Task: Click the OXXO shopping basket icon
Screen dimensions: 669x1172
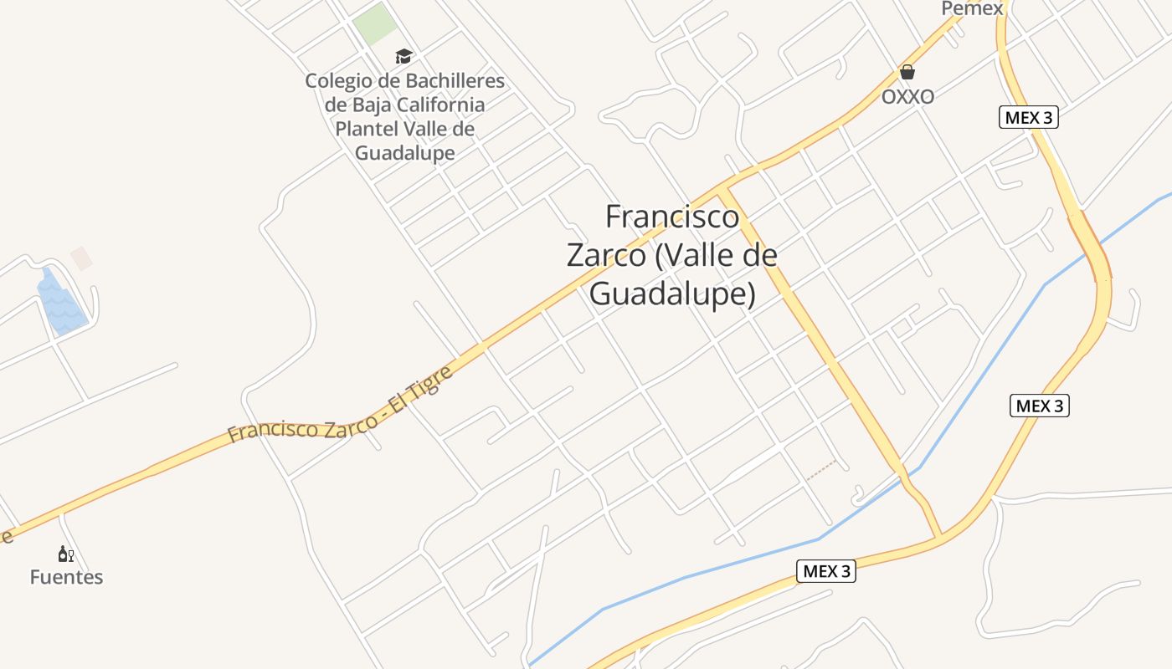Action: coord(907,73)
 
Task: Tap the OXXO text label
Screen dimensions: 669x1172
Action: coord(907,97)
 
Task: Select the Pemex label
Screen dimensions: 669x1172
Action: coord(972,8)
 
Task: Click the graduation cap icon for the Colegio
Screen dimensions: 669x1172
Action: coord(404,57)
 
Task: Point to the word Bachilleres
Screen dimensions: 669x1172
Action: coord(455,81)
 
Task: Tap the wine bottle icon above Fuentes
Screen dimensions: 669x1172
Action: coord(66,554)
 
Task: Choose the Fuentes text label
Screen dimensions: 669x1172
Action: coord(66,577)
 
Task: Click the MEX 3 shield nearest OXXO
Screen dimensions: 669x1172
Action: coord(1029,118)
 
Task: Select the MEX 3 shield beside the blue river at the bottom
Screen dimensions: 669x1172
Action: coord(826,572)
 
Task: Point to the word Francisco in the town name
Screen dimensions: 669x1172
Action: coord(672,217)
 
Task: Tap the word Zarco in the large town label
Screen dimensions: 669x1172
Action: coord(606,255)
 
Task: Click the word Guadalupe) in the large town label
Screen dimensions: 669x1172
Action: coord(672,294)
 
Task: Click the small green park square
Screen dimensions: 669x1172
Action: coord(374,23)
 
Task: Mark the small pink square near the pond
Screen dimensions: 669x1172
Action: coord(81,258)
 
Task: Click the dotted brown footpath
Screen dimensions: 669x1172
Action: coord(821,470)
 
